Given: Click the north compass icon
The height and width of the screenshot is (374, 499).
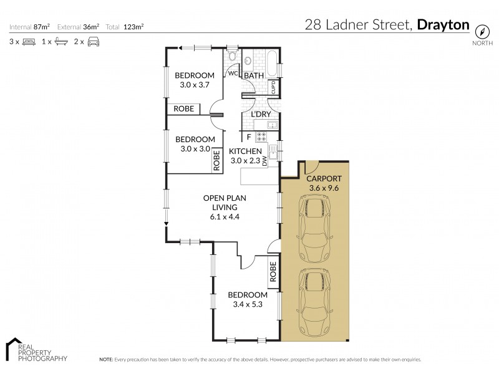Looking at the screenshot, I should click(x=481, y=31).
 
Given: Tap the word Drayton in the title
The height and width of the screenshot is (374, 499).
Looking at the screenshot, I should click(x=443, y=25).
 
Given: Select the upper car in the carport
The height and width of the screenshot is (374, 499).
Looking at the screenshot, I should click(x=314, y=228).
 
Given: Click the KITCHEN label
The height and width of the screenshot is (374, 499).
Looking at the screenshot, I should click(x=245, y=151).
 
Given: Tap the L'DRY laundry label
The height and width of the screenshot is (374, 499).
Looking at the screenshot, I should click(x=260, y=115).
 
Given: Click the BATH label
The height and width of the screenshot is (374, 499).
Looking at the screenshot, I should click(x=254, y=75).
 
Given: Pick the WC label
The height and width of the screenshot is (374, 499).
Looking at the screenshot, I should click(x=231, y=73).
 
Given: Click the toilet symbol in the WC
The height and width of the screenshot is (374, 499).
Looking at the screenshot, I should click(x=232, y=56).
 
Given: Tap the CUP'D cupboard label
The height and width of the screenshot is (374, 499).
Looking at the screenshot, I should click(x=273, y=87).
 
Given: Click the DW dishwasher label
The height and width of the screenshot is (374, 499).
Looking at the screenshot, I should click(x=264, y=161).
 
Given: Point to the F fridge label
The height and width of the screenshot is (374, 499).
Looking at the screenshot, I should click(x=249, y=137).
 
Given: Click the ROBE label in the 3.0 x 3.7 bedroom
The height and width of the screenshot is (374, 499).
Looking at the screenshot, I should click(x=183, y=109).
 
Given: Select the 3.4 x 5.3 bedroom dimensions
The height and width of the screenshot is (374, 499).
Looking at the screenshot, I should click(x=247, y=304).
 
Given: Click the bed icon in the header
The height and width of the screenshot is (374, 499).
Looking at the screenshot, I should click(x=28, y=42).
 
